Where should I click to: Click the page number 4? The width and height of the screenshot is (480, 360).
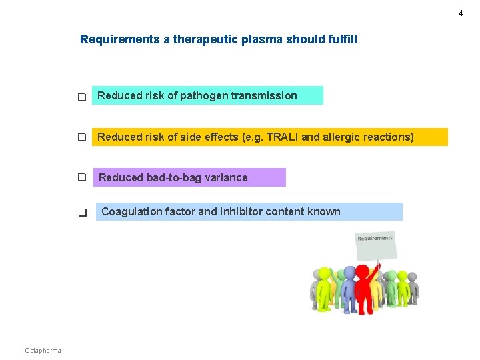[x=460, y=13]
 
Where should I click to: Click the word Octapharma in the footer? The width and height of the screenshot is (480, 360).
[x=43, y=351]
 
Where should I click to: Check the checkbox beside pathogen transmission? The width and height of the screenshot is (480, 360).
[x=82, y=97]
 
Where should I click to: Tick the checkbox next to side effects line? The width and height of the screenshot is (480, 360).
[x=82, y=138]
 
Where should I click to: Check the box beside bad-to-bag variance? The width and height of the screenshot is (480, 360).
[x=82, y=178]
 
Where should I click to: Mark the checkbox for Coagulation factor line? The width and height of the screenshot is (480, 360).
[x=82, y=213]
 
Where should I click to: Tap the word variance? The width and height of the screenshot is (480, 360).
[x=226, y=177]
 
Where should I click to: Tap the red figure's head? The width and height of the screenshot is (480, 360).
[x=362, y=271]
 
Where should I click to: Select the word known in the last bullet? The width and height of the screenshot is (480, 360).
[x=324, y=212]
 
